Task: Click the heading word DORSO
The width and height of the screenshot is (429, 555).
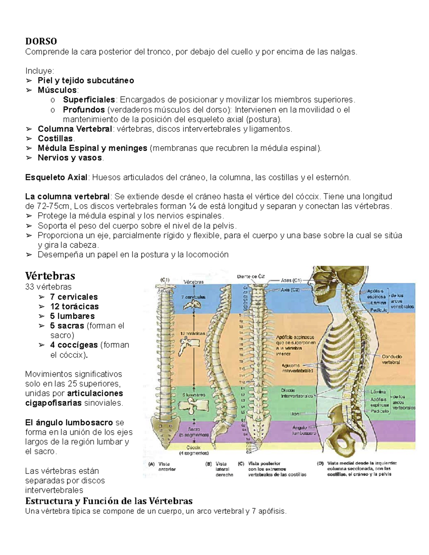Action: point(41,41)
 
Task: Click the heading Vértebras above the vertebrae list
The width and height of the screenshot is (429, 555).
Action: point(50,276)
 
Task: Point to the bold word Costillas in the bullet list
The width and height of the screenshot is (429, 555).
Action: point(55,138)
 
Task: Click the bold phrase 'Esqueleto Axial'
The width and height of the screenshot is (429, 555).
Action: point(56,177)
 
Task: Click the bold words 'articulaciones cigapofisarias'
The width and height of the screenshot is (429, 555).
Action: point(74,398)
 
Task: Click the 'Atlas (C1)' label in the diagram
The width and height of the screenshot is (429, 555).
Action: point(291,281)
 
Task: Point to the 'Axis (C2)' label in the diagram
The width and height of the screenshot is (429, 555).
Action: point(290,290)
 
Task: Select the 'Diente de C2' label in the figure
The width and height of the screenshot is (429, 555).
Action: point(252,276)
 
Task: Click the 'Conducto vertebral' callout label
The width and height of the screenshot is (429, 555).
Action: point(392,359)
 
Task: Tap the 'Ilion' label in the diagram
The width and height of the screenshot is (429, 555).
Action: point(295,414)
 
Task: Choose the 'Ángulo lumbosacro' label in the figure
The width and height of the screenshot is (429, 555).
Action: point(304,430)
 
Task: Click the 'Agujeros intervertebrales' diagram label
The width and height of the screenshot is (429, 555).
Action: point(297,368)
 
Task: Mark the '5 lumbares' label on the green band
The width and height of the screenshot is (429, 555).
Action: point(194,395)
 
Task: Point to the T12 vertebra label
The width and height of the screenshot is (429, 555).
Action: point(242,382)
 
